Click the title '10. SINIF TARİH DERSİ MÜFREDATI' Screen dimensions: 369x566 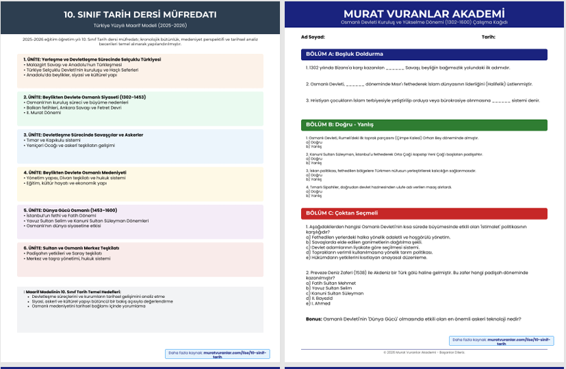140,14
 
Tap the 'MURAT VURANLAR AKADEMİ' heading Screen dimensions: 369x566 424,14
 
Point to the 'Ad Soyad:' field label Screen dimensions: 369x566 313,37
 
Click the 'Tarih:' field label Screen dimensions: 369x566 488,37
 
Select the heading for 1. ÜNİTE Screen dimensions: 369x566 92,59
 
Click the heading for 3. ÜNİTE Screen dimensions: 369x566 83,135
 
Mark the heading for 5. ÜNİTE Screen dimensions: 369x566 70,210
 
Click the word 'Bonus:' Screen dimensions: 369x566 313,319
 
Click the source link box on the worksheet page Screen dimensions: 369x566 502,341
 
